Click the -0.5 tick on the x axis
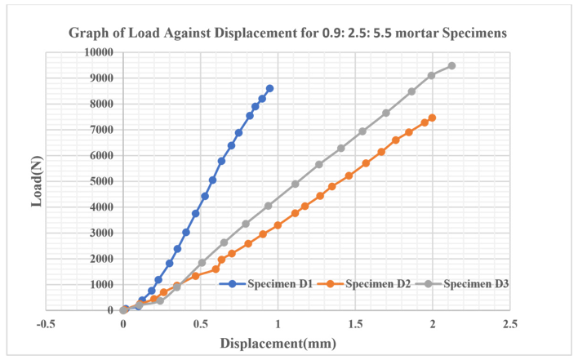coord(46,325)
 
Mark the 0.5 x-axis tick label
coord(200,325)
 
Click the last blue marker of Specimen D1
coord(270,88)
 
